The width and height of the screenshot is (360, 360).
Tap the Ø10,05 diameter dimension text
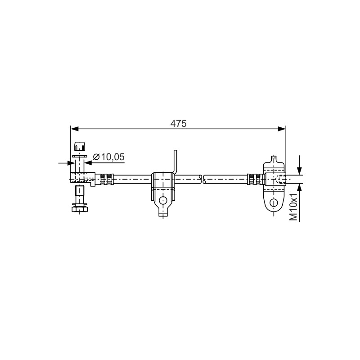(x=109, y=157)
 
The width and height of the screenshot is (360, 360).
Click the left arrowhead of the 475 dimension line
(x=74, y=129)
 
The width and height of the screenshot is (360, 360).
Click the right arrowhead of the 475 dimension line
(x=282, y=129)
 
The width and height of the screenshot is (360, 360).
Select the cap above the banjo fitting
(x=80, y=146)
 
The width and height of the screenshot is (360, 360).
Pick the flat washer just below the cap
(x=80, y=156)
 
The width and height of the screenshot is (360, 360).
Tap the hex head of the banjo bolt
(x=80, y=209)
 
